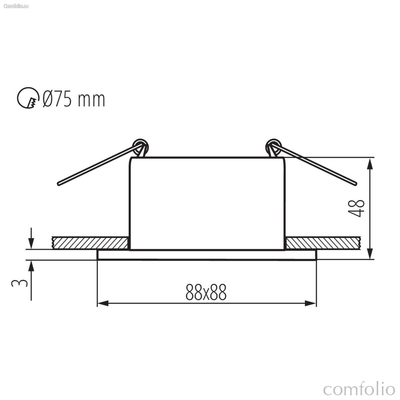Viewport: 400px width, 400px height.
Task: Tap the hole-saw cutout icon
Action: (28, 98)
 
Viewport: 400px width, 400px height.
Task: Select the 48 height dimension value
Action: (356, 208)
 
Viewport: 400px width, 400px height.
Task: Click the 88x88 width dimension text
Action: (206, 292)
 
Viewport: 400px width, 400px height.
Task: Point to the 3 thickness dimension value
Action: (19, 283)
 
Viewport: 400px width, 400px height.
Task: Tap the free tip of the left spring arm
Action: (59, 184)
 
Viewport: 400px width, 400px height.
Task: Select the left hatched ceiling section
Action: (90, 243)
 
